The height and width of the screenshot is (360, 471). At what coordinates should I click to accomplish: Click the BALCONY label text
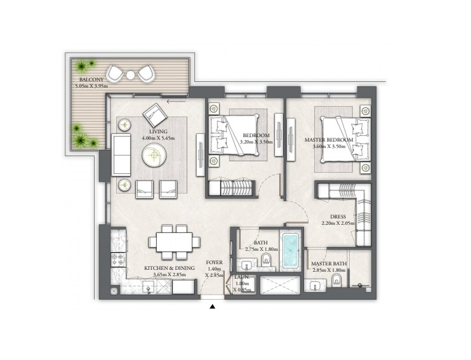click(x=91, y=79)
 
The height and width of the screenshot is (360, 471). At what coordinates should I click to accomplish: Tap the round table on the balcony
click(x=130, y=75)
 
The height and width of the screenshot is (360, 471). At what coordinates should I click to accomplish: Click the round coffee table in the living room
click(x=154, y=155)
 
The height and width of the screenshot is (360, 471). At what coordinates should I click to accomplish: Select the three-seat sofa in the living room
click(x=121, y=155)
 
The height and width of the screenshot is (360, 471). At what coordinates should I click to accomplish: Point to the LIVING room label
click(x=158, y=131)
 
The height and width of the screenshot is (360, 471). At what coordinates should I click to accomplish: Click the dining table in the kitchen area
click(x=174, y=242)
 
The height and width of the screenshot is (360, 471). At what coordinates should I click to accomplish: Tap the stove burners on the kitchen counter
click(x=118, y=260)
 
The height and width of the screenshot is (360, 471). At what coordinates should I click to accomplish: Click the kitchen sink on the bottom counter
click(x=149, y=288)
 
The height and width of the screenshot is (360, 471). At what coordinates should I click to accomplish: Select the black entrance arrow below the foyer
click(x=213, y=307)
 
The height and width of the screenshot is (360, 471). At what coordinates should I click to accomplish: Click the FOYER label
click(x=215, y=262)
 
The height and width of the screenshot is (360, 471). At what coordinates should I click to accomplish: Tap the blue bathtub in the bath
click(x=291, y=251)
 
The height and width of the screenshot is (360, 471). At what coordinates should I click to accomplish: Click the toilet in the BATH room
click(x=266, y=260)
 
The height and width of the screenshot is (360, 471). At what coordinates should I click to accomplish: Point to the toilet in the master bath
click(x=336, y=281)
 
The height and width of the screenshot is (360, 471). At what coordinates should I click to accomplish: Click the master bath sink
click(x=314, y=286)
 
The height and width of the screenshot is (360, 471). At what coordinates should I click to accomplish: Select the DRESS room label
click(x=338, y=217)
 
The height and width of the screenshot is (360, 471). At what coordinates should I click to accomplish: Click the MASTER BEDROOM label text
click(x=329, y=140)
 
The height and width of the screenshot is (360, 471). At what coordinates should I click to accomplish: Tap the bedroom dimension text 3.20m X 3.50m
click(x=256, y=142)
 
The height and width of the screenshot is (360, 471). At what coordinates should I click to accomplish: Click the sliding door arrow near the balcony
click(x=176, y=101)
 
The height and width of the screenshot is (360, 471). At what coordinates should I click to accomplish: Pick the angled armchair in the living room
click(x=155, y=116)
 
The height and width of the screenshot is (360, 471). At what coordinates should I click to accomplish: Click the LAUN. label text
click(x=242, y=277)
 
